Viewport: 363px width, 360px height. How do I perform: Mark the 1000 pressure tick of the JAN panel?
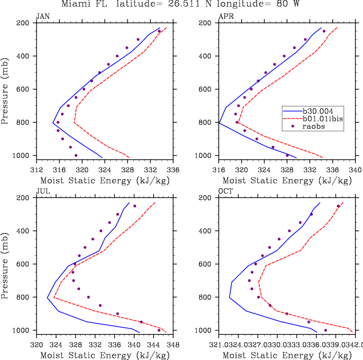(23, 156)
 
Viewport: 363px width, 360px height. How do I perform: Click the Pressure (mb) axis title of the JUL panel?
(5, 264)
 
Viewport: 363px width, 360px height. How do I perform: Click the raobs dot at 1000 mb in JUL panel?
(159, 330)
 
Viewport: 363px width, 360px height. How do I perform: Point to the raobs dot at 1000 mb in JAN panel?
(76, 155)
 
